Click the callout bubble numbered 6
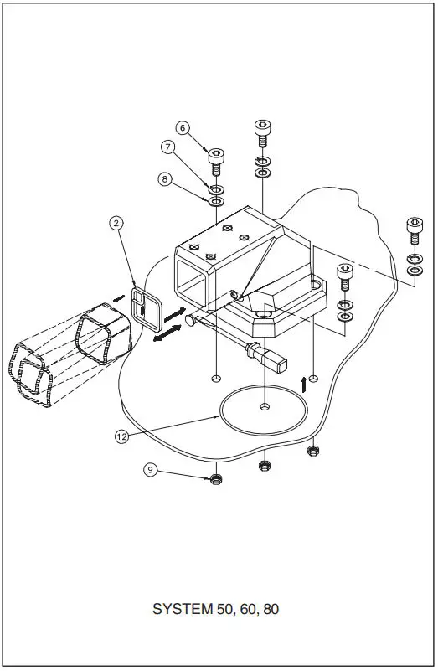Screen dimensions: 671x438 point(183,127)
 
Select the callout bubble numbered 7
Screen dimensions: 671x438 point(167,147)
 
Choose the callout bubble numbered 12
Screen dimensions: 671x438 point(122,436)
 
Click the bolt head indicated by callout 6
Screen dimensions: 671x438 point(216,154)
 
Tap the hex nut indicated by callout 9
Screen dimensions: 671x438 point(215,480)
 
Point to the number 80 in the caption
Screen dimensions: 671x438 point(271,609)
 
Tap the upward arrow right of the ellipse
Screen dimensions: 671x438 point(303,385)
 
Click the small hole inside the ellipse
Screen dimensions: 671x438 point(265,406)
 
